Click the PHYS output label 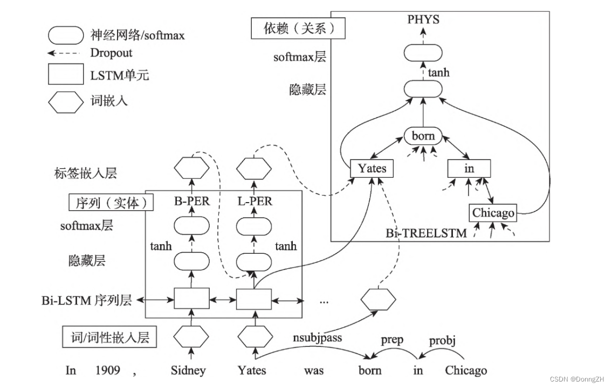423,20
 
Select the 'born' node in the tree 423,136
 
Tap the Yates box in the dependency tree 372,168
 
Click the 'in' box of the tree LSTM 469,168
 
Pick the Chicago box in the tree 493,213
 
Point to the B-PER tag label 191,202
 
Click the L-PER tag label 255,202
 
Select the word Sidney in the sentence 188,371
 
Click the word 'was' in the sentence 313,371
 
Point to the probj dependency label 443,341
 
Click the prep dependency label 392,341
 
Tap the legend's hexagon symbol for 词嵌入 66,101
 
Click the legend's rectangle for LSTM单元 66,75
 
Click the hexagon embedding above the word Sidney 191,336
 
